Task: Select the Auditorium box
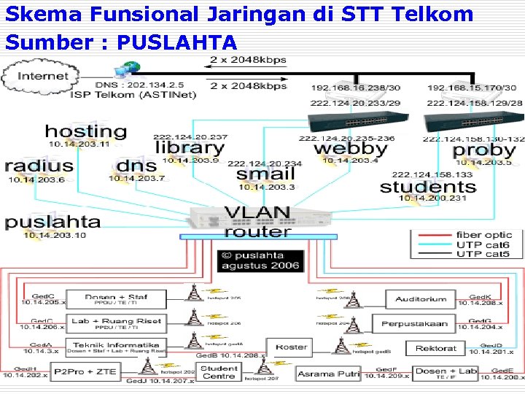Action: click(x=421, y=299)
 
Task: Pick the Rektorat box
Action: click(x=435, y=349)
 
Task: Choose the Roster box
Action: click(x=291, y=347)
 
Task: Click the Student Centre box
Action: click(x=219, y=373)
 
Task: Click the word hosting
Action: click(x=85, y=132)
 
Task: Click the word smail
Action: click(x=265, y=174)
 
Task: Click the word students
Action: click(x=428, y=186)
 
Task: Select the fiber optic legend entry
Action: click(x=484, y=235)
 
